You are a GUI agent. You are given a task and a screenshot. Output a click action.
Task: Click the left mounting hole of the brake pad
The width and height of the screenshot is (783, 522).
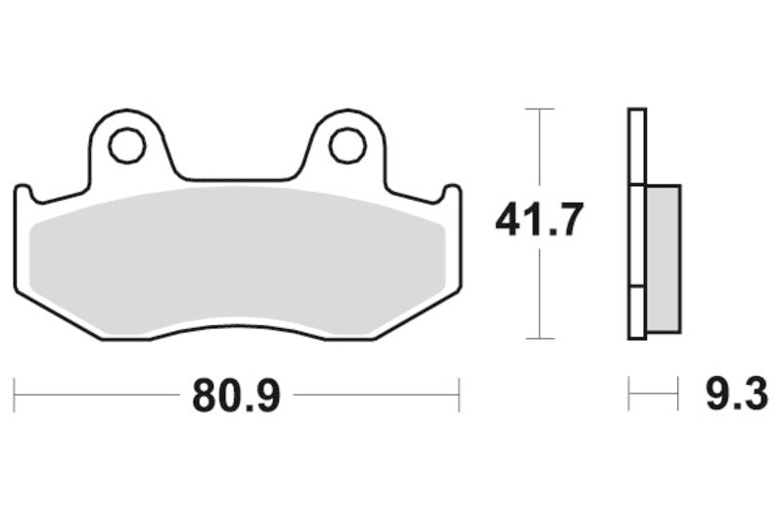126,146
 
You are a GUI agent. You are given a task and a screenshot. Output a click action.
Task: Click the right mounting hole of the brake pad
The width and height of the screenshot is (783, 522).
346,146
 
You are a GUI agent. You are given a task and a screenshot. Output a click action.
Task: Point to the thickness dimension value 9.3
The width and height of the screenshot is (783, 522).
736,396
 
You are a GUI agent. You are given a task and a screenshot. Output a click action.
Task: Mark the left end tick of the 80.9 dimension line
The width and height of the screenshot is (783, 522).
15,396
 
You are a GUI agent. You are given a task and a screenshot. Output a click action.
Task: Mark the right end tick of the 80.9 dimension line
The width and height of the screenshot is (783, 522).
459,396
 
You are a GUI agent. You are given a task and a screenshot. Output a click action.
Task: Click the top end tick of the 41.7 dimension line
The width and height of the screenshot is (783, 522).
539,109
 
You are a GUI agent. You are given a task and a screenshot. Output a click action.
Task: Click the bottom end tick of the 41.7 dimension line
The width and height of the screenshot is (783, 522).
539,339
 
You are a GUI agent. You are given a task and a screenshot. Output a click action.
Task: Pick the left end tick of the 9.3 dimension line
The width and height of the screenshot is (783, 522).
628,396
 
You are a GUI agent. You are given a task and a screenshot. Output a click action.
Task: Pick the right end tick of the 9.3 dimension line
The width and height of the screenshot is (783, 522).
678,396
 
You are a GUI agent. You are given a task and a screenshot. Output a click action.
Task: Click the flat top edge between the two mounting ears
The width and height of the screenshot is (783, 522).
236,180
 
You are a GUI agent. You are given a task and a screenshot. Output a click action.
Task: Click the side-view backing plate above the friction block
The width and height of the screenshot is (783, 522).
636,147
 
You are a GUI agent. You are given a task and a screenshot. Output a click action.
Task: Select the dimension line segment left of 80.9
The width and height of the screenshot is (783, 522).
98,396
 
